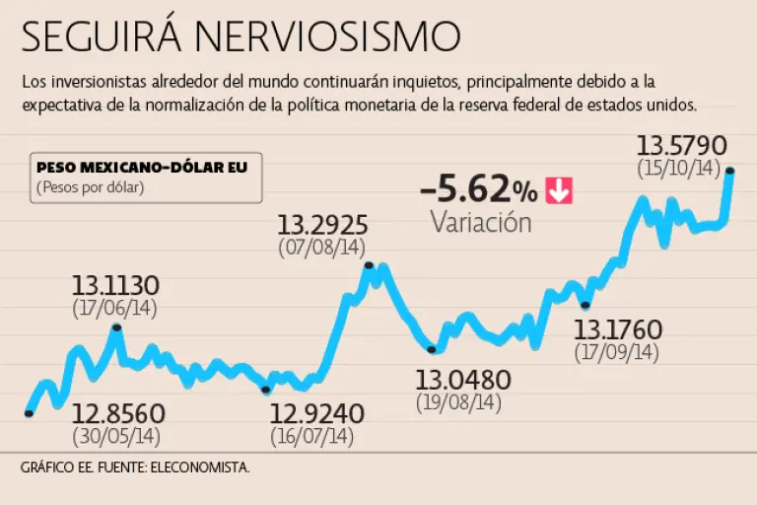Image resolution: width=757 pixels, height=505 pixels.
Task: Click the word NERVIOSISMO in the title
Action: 327,37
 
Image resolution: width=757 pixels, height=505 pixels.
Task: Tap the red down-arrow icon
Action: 559,189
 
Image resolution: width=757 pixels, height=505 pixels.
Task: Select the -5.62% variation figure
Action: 479,188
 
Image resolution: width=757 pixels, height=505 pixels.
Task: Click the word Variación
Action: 481,222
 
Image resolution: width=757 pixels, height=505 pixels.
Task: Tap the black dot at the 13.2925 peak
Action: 369,265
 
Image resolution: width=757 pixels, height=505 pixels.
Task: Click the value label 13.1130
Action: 115,286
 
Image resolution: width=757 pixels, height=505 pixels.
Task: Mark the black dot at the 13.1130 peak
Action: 116,327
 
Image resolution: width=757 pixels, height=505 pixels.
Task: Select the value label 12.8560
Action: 117,412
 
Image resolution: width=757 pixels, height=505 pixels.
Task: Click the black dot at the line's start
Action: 29,413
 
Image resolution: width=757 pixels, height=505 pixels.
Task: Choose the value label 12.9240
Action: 317,412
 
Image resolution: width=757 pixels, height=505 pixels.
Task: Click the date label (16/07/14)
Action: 311,435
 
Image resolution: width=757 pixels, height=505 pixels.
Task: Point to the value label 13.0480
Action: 462,381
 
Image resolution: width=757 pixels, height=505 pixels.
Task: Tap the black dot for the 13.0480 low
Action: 433,349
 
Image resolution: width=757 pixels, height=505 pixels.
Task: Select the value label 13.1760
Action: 618,329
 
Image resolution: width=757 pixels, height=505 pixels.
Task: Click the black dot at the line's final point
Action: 730,172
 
